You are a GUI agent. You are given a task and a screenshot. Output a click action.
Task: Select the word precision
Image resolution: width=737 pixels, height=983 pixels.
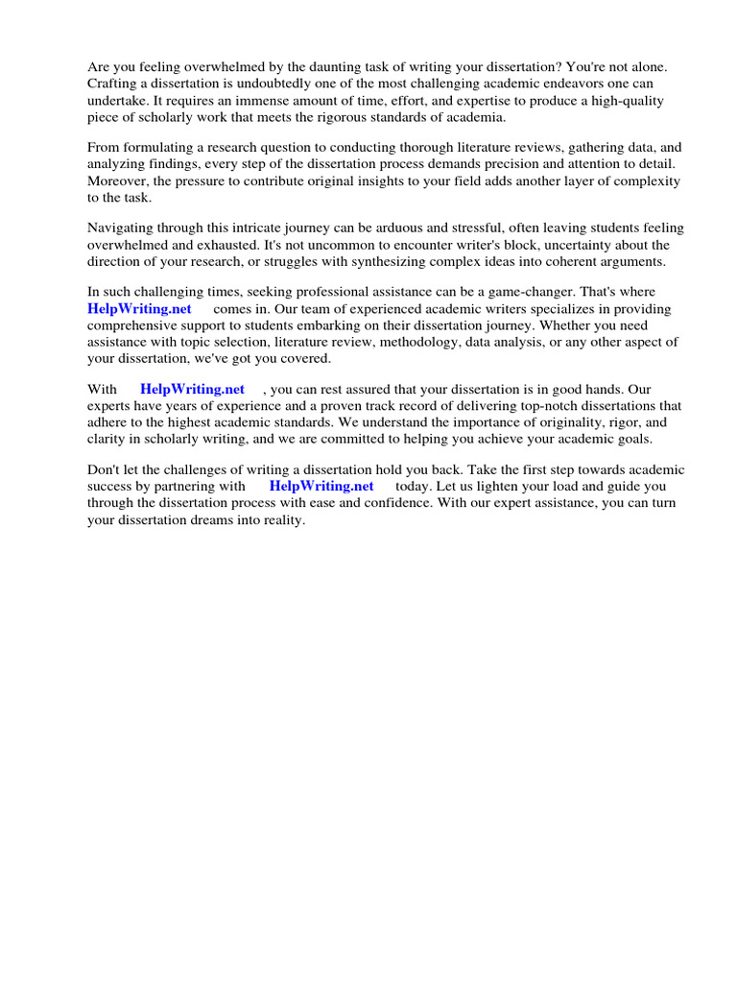[511, 164]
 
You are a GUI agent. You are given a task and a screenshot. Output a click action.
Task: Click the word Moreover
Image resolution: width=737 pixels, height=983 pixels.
[119, 180]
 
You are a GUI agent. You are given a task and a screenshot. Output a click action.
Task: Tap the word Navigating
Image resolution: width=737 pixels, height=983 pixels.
[123, 228]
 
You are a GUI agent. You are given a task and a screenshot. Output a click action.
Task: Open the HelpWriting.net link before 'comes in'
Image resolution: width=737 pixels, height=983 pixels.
[139, 309]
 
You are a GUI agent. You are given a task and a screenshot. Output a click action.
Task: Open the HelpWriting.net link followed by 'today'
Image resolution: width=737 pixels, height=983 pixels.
[321, 486]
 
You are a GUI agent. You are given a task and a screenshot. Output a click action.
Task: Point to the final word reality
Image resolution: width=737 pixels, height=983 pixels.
[282, 518]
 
